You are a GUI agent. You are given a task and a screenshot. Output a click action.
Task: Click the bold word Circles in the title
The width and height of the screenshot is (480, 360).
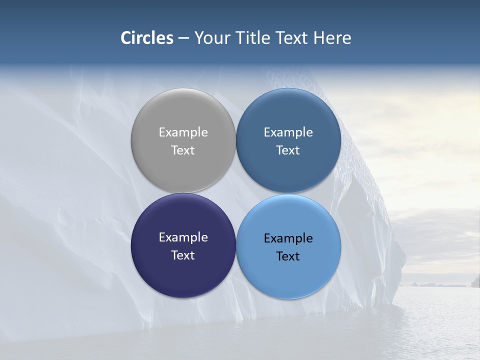[147, 38]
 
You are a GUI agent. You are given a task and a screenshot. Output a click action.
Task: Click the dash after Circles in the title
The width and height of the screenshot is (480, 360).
[183, 38]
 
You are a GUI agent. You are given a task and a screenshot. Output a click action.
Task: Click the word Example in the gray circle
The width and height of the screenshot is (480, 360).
[183, 132]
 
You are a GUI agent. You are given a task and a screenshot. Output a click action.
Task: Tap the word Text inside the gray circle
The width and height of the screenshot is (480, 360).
[183, 150]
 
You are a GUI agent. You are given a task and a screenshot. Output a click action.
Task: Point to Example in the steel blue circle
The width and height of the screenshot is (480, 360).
[288, 132]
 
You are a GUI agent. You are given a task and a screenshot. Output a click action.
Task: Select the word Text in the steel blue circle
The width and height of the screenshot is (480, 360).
[288, 150]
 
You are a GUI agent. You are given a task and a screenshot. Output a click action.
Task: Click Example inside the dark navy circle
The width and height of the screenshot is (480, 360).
[183, 237]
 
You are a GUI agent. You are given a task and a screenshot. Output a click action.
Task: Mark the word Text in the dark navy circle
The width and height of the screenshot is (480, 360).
[183, 255]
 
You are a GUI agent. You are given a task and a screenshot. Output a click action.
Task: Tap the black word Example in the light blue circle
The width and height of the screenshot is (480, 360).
[288, 238]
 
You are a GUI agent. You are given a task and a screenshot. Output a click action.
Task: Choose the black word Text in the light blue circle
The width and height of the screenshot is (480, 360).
[288, 256]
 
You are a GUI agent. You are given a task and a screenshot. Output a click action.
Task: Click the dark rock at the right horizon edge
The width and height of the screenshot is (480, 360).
[475, 281]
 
